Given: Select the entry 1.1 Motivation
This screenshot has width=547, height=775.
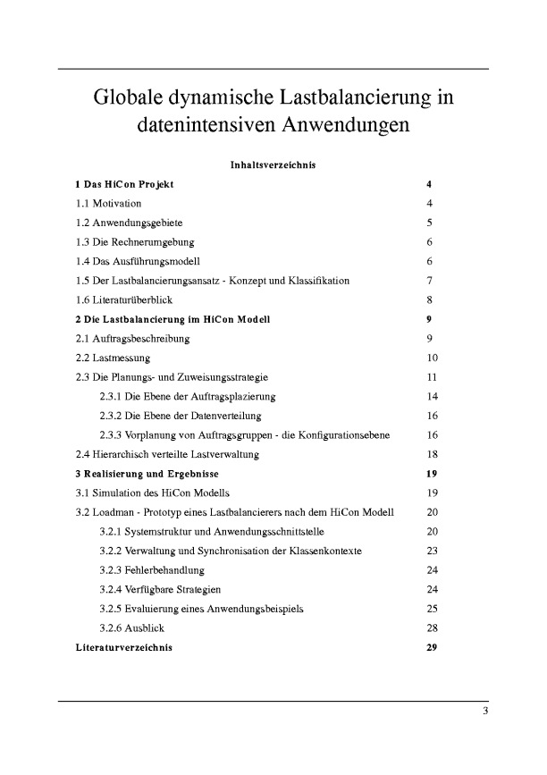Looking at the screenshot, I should click(108, 204).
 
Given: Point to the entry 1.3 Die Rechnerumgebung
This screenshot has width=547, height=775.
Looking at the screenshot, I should click(135, 242).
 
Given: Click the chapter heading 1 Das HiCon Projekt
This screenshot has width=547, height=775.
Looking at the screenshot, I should click(124, 184).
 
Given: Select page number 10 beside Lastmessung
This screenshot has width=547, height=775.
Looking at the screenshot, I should click(433, 358).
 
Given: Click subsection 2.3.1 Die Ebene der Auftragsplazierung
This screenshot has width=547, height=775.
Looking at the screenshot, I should click(188, 396).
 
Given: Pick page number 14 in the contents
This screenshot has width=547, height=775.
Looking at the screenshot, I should click(433, 396).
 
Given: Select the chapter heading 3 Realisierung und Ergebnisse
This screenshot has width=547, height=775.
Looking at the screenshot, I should click(147, 474).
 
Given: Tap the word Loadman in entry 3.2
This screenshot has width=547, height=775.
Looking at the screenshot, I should click(114, 512).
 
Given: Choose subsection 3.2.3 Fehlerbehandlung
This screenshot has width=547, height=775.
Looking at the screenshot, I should click(152, 570).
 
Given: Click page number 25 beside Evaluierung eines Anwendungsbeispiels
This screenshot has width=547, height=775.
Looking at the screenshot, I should click(433, 609).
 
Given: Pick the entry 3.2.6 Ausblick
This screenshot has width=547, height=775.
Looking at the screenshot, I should click(132, 628).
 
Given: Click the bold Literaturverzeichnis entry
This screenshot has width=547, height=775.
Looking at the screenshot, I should click(124, 647).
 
